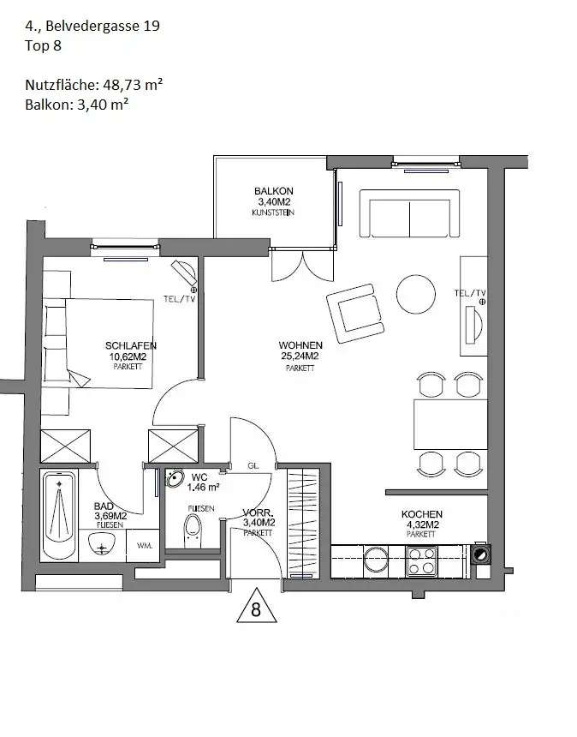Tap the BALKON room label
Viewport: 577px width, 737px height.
[274, 191]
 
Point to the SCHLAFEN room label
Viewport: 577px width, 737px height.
[131, 346]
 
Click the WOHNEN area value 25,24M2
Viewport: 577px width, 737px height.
[300, 357]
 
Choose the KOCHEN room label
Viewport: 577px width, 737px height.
[421, 514]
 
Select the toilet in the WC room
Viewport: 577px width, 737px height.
[192, 530]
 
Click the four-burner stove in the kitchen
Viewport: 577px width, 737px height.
[421, 560]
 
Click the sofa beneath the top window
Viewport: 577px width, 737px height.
[409, 213]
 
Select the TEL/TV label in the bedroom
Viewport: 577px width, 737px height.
[180, 299]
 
